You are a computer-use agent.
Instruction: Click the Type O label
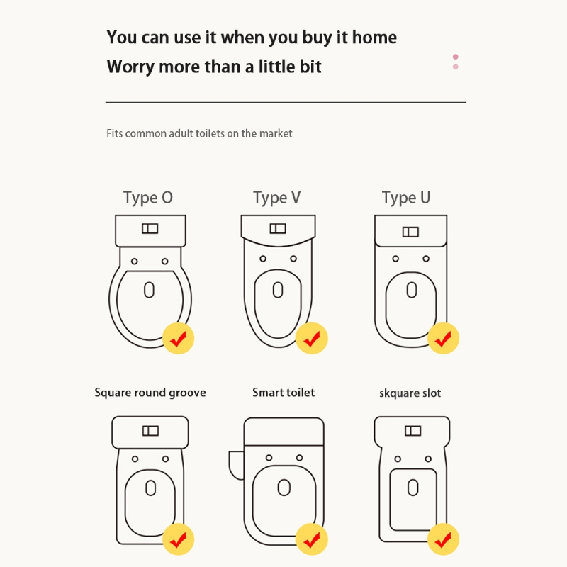point(148,198)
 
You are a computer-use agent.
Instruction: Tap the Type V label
point(276,198)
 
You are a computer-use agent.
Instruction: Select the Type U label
point(405,198)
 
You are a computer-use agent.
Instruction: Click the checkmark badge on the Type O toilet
point(179,338)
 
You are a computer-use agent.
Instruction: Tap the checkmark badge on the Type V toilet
point(312,338)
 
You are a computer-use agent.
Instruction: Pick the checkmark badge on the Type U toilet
point(444,338)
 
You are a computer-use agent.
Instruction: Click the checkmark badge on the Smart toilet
point(312,539)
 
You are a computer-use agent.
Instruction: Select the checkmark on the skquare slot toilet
point(444,539)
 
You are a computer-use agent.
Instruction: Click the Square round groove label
point(150,393)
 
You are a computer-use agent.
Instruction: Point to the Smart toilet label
point(283,393)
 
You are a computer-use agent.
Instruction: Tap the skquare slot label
point(410,393)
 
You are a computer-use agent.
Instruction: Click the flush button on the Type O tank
point(150,228)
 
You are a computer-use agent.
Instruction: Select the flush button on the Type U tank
point(410,232)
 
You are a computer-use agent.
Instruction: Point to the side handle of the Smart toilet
point(237,466)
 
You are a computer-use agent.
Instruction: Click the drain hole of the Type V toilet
point(278,290)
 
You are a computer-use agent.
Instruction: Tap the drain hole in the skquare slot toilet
point(413,488)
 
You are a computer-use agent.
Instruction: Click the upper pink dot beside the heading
point(456,57)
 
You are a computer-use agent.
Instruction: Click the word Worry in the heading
point(130,67)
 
